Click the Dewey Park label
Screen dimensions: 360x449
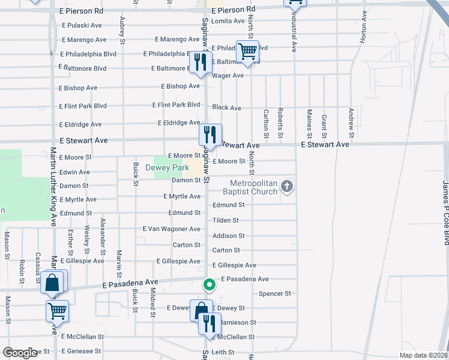167,168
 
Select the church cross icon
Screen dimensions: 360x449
287,187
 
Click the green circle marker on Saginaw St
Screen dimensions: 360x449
209,284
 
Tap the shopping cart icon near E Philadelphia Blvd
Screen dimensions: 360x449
247,51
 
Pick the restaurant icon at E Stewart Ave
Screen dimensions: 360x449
210,134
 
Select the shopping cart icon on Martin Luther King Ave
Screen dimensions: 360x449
57,311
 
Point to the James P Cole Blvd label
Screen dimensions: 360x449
445,212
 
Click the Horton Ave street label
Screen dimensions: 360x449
363,34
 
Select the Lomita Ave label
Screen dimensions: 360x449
230,21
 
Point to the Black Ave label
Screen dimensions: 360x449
226,108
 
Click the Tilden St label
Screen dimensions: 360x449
225,221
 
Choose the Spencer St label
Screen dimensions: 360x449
274,293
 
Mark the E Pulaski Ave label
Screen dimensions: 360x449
82,25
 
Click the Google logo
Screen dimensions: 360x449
20,353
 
